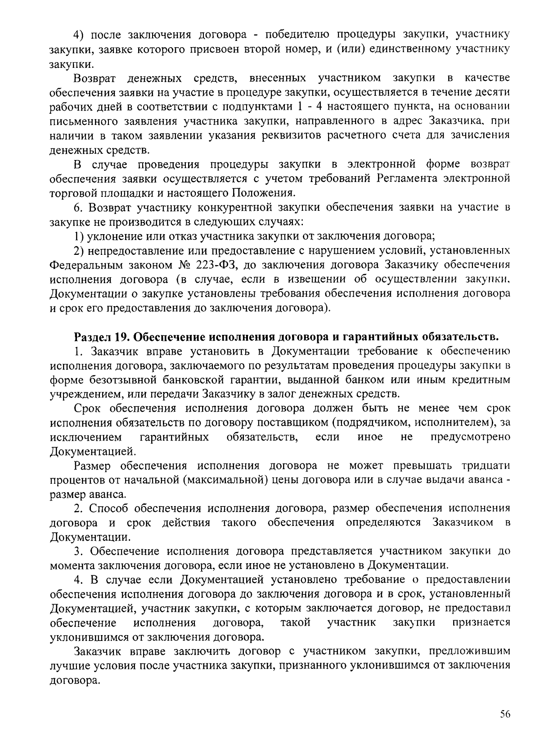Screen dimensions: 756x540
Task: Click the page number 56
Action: (504, 714)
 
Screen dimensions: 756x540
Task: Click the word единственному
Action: (410, 49)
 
